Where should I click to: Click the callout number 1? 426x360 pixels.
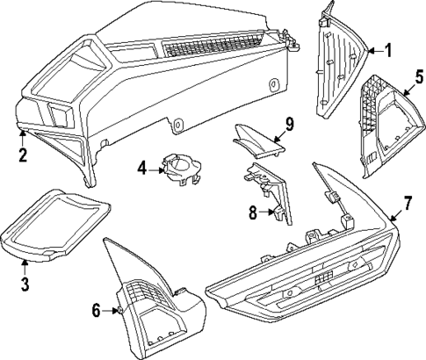pyautogui.click(x=387, y=50)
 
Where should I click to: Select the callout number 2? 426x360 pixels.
pyautogui.click(x=23, y=156)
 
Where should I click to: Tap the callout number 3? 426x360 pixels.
pyautogui.click(x=25, y=283)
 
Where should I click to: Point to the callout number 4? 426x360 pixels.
pyautogui.click(x=142, y=166)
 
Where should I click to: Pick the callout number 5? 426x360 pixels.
pyautogui.click(x=419, y=76)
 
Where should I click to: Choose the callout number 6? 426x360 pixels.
pyautogui.click(x=97, y=309)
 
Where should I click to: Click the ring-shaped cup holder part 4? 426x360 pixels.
pyautogui.click(x=181, y=169)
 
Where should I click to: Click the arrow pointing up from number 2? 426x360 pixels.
pyautogui.click(x=23, y=139)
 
